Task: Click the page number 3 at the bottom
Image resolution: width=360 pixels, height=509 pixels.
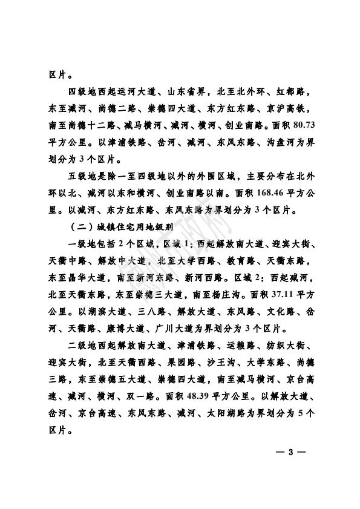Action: [x=290, y=453]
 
